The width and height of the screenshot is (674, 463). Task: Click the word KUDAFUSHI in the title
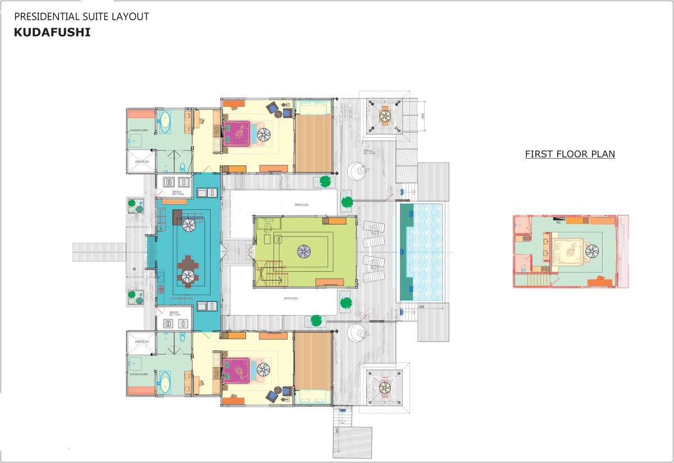[x=52, y=33]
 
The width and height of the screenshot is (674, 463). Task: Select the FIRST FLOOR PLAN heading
[x=570, y=154]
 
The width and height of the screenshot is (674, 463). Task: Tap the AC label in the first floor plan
[x=558, y=222]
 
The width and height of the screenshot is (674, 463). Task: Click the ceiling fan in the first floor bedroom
[x=592, y=251]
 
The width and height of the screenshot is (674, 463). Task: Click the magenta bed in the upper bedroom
[x=240, y=134]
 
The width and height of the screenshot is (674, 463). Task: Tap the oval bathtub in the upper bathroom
[x=165, y=122]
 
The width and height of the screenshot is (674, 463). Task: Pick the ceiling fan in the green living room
[x=304, y=250]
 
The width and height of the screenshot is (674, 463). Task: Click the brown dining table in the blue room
[x=188, y=270]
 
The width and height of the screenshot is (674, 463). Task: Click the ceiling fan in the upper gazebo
[x=385, y=116]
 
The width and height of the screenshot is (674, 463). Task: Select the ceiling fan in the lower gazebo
[x=385, y=387]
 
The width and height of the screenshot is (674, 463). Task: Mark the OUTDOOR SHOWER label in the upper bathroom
[x=139, y=130]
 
